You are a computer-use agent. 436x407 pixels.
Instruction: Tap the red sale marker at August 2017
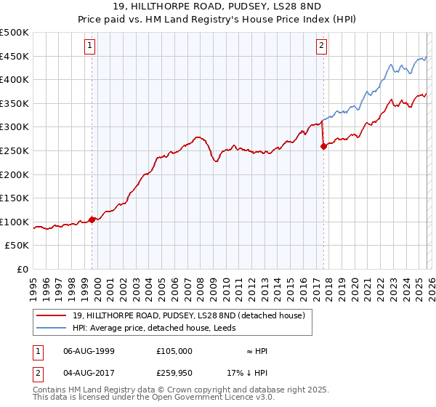(323, 146)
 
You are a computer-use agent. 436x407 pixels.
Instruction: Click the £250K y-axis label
(15, 150)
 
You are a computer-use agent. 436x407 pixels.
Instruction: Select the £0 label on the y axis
(23, 269)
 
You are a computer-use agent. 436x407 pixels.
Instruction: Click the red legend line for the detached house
(52, 315)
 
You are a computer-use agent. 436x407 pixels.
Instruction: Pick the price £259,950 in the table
(174, 373)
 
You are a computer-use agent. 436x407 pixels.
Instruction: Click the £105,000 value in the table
(174, 351)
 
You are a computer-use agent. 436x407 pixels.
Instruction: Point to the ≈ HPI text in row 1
(253, 351)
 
